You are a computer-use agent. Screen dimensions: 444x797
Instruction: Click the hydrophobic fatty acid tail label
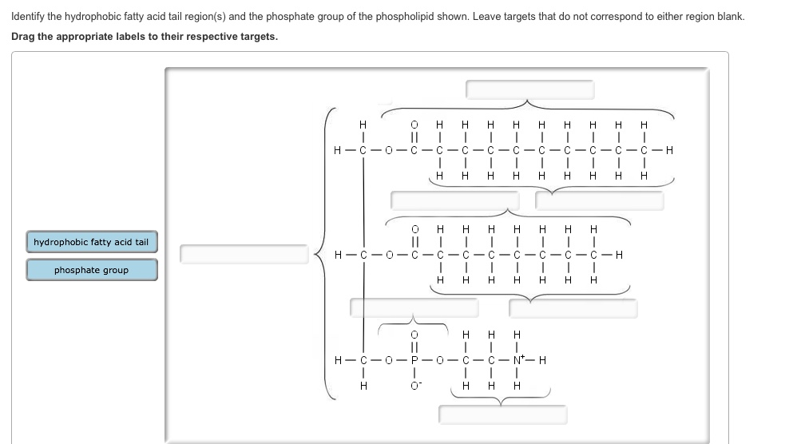coord(91,242)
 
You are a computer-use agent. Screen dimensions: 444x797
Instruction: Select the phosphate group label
coord(91,270)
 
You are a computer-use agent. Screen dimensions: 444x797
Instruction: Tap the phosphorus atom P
coord(414,359)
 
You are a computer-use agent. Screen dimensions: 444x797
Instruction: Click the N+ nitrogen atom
coord(517,359)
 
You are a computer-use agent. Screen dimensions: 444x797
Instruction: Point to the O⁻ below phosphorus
coord(414,387)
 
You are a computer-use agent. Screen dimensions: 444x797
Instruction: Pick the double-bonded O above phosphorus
coord(414,334)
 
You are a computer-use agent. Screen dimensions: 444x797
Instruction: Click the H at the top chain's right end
coord(669,149)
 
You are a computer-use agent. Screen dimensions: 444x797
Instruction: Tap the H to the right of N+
coord(543,359)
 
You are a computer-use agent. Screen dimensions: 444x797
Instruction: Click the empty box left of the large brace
coord(244,254)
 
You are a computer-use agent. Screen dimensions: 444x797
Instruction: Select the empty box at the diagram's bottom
coord(502,414)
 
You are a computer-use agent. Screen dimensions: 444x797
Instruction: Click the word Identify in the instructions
coord(30,16)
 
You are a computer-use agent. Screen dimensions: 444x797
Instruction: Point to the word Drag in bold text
coord(25,37)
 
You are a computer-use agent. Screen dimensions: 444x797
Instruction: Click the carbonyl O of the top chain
coord(414,125)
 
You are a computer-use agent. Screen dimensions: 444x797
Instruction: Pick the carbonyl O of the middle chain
coord(414,229)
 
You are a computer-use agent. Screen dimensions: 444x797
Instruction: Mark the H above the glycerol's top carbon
coord(363,125)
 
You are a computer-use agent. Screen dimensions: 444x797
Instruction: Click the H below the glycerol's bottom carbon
coord(363,386)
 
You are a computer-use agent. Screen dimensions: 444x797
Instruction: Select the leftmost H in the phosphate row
coord(339,359)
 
